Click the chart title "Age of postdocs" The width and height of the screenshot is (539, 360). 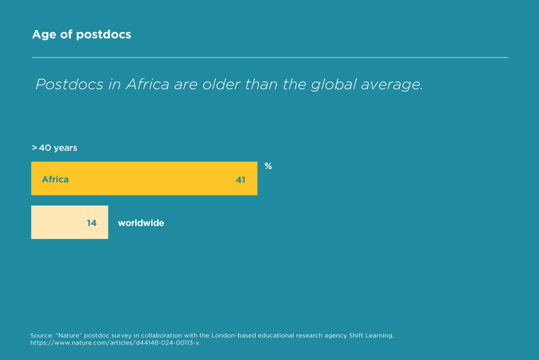click(82, 35)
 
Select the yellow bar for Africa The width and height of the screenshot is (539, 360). click(144, 178)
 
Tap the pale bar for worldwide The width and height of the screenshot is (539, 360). click(60, 222)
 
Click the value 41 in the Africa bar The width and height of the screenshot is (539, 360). click(241, 179)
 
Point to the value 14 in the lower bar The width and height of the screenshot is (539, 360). click(92, 223)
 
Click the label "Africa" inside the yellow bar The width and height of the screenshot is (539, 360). click(55, 179)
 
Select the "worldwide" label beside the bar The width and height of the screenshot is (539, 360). click(141, 223)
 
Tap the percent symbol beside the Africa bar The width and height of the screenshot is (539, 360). click(268, 166)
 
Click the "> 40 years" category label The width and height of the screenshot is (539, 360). click(54, 148)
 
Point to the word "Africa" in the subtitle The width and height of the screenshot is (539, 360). click(147, 85)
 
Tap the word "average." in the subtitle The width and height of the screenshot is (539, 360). click(393, 85)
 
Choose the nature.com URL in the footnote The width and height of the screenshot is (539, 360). click(114, 343)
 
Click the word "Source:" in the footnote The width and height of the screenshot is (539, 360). click(41, 336)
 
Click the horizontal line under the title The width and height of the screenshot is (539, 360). click(269, 57)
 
